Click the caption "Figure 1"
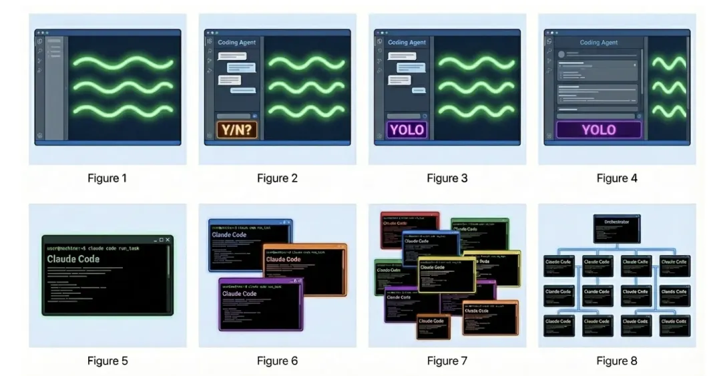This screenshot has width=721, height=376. click(107, 178)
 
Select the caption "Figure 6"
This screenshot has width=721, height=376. click(277, 361)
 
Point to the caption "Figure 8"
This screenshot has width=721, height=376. click(616, 361)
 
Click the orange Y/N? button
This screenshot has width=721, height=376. click(237, 130)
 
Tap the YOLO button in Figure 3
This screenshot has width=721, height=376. click(407, 130)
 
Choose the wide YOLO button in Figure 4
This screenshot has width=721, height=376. click(598, 130)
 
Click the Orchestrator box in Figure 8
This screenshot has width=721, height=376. click(616, 228)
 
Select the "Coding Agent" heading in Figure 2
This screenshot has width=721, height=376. click(237, 43)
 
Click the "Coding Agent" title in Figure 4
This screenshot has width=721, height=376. click(598, 43)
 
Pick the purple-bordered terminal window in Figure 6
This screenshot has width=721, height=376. click(260, 304)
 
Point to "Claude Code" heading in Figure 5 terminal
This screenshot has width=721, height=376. click(73, 259)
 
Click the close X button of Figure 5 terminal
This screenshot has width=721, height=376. click(168, 240)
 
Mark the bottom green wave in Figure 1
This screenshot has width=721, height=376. click(123, 110)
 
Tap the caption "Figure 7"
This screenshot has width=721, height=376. click(447, 361)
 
